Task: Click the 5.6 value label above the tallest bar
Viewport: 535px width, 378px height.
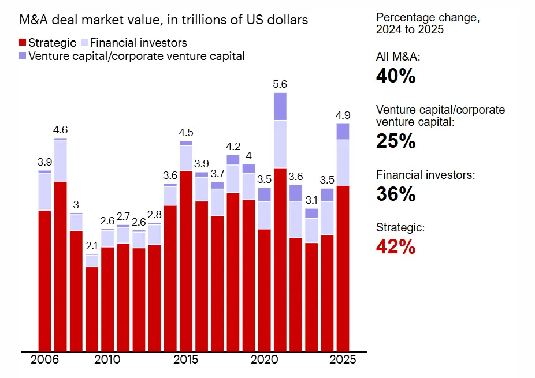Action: tap(280, 84)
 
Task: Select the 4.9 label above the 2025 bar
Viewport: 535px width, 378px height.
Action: tap(343, 115)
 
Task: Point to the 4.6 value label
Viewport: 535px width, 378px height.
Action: tap(61, 130)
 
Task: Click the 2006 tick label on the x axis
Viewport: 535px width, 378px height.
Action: tap(44, 360)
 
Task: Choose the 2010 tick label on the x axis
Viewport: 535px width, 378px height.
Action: tap(107, 360)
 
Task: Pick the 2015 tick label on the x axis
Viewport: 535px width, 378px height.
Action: tap(186, 360)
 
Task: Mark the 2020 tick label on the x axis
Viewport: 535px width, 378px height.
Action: tap(264, 360)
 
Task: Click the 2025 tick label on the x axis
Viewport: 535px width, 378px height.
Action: tap(343, 360)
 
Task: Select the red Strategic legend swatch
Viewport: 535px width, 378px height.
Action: tap(23, 43)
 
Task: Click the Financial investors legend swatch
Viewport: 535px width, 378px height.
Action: tap(84, 43)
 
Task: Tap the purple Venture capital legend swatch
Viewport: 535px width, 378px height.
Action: tap(23, 56)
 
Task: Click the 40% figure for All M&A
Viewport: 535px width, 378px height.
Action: tap(396, 76)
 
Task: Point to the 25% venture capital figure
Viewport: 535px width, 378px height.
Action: tap(396, 141)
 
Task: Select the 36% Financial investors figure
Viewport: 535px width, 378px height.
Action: tap(396, 194)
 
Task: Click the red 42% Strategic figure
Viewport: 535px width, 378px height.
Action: tap(396, 247)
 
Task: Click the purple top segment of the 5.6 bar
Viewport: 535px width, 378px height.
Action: tap(280, 106)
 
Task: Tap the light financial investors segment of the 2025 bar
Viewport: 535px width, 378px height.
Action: tap(343, 162)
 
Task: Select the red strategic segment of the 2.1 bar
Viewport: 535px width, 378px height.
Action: tap(92, 309)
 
